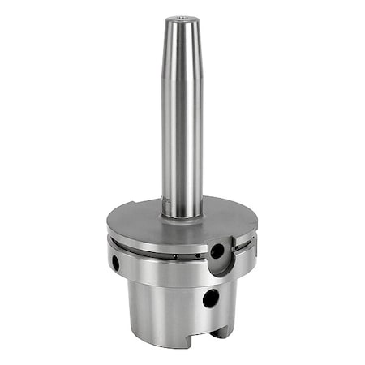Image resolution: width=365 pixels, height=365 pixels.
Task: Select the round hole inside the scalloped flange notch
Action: (217, 251)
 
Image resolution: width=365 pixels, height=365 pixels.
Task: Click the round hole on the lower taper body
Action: (210, 298)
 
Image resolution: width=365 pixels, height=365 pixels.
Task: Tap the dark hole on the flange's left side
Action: (115, 263)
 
